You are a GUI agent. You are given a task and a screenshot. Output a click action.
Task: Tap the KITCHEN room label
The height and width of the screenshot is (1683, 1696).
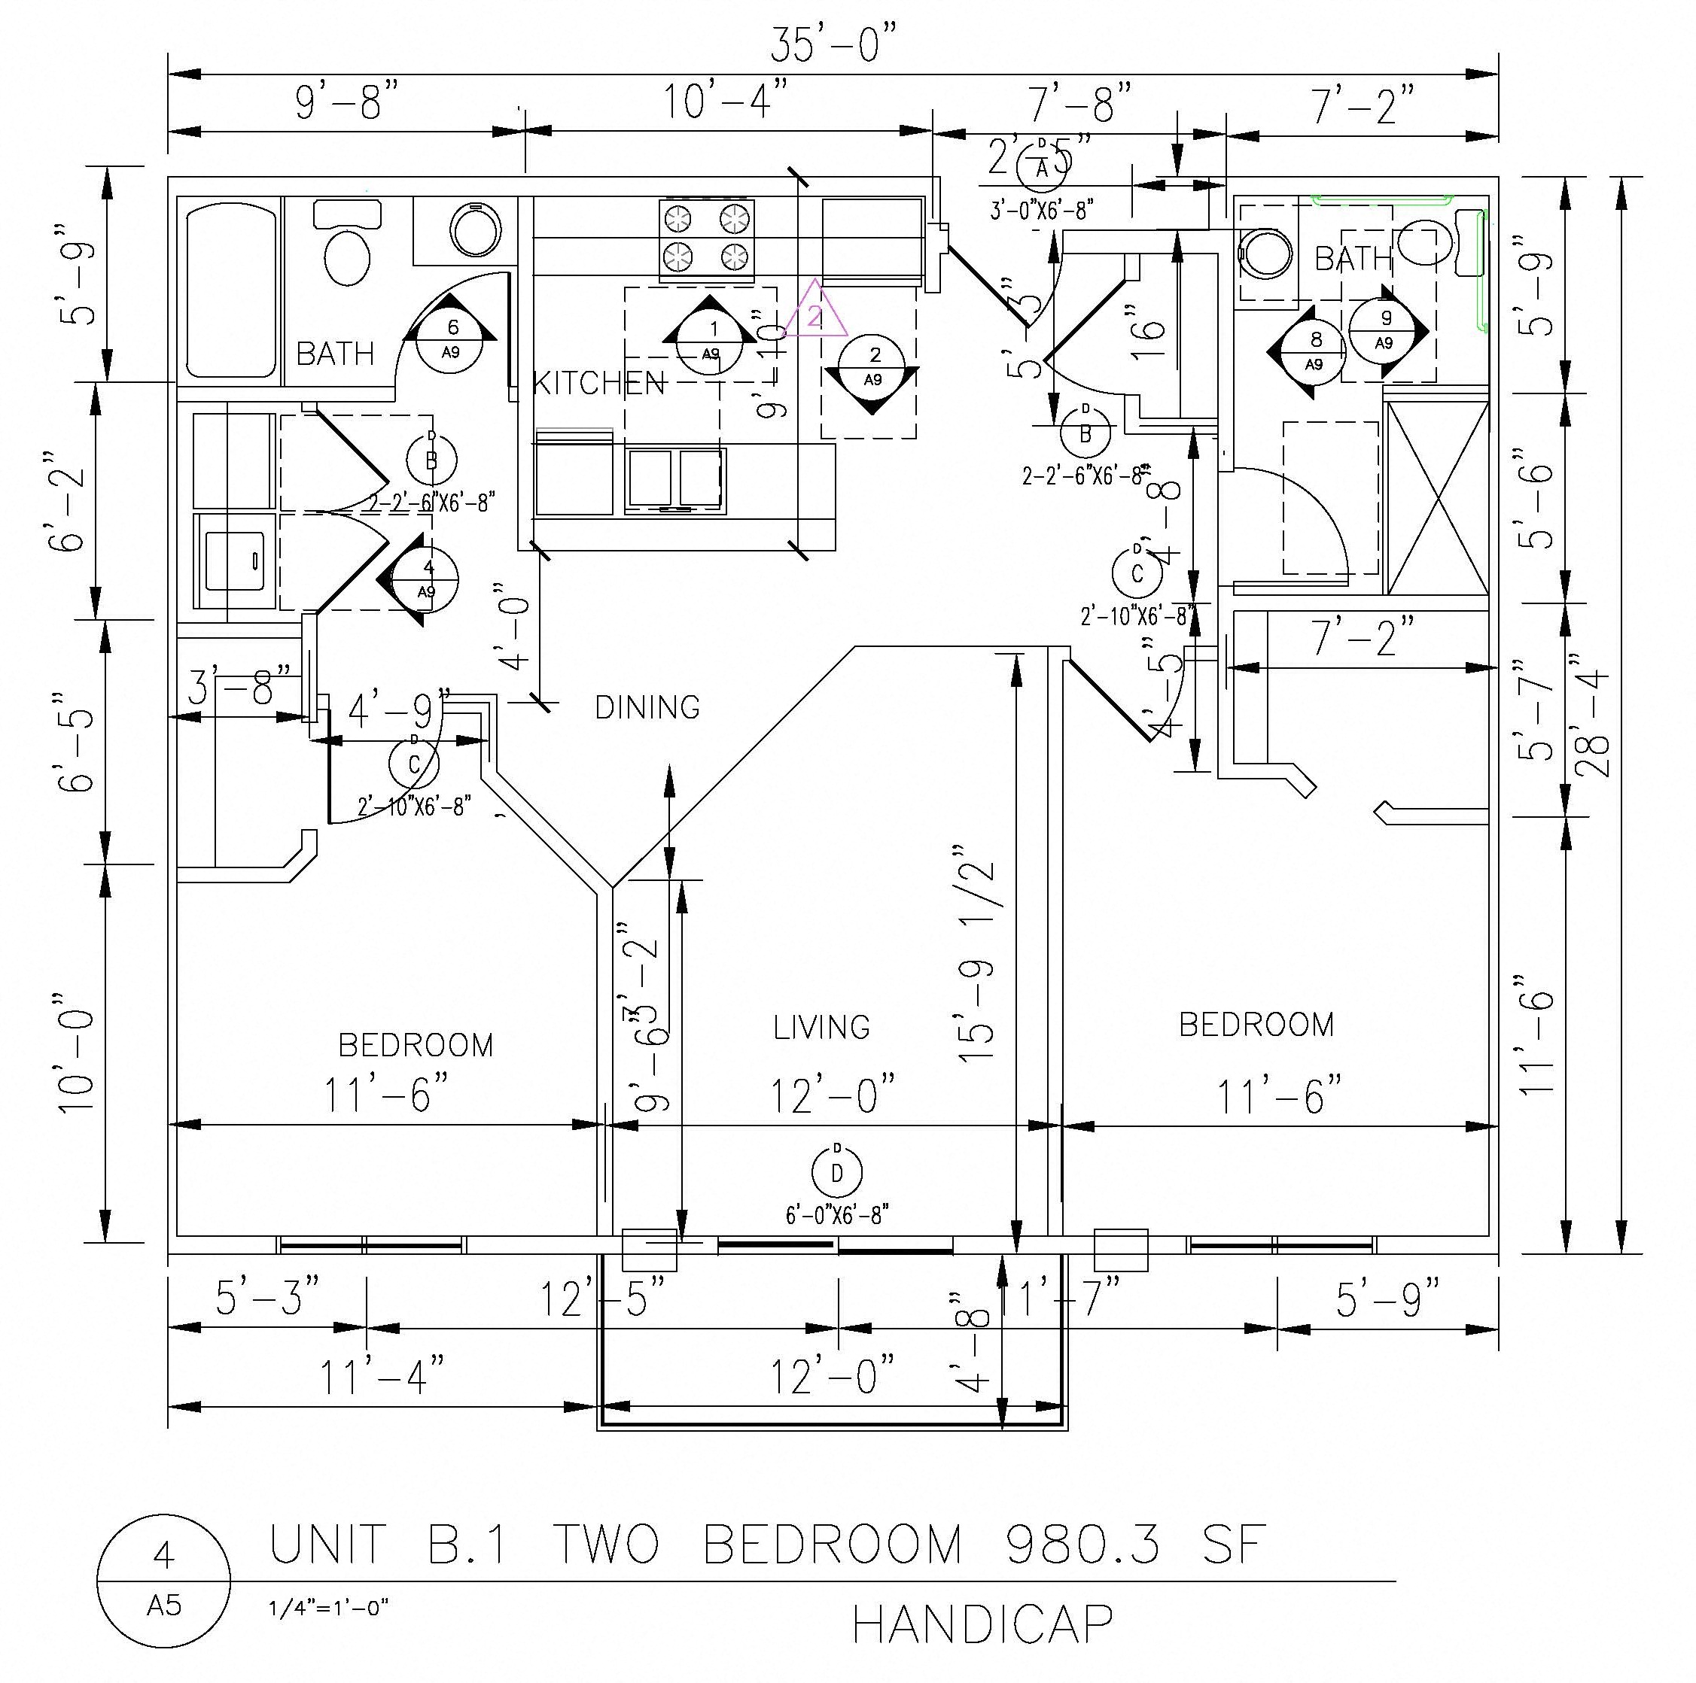pyautogui.click(x=599, y=384)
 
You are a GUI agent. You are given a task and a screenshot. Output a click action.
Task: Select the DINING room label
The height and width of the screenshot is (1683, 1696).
pyautogui.click(x=647, y=707)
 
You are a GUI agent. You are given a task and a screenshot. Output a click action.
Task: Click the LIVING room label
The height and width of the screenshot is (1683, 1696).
pyautogui.click(x=822, y=1028)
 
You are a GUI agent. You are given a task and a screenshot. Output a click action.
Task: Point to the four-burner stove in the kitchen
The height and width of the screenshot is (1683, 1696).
pyautogui.click(x=707, y=238)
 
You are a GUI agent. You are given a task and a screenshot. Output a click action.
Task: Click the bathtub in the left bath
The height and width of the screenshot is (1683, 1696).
pyautogui.click(x=231, y=290)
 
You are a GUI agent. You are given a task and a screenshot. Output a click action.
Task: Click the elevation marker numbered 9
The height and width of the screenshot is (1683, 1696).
pyautogui.click(x=1384, y=330)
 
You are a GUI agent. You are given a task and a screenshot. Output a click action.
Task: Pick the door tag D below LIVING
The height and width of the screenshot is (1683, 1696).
pyautogui.click(x=836, y=1172)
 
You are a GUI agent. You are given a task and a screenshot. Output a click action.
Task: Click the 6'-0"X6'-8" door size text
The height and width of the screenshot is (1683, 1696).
pyautogui.click(x=836, y=1215)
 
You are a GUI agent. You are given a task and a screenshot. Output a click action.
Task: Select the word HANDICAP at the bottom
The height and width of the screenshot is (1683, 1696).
pyautogui.click(x=982, y=1625)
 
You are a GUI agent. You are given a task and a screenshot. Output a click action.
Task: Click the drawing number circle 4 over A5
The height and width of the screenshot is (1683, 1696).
pyautogui.click(x=164, y=1579)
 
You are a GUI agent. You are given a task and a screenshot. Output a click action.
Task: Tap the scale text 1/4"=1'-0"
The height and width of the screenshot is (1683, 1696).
pyautogui.click(x=329, y=1608)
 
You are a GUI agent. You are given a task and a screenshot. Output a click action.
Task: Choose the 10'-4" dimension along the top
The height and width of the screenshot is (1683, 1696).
pyautogui.click(x=724, y=101)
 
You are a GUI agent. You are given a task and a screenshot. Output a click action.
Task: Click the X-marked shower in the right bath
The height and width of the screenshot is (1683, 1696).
pyautogui.click(x=1436, y=498)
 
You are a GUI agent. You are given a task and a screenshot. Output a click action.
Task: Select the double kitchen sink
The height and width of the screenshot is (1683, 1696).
pyautogui.click(x=675, y=479)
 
